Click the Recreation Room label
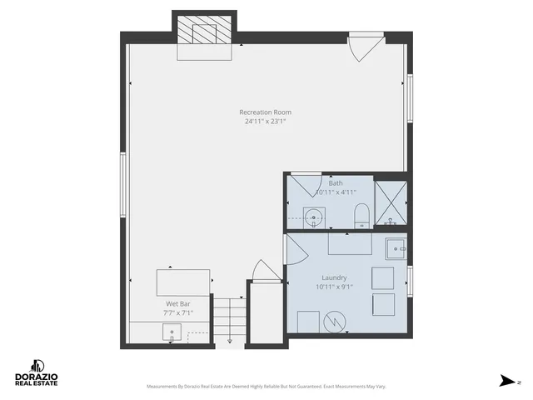265,112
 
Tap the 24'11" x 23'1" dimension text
265,122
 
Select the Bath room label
336,183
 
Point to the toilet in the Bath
361,218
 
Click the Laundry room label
334,278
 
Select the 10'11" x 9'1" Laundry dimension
334,287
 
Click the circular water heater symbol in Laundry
334,321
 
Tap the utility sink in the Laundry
396,247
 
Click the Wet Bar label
179,304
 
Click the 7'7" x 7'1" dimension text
179,314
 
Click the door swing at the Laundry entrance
292,248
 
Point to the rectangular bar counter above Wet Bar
182,282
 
